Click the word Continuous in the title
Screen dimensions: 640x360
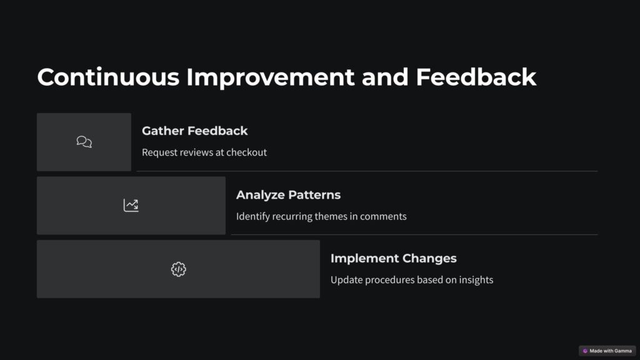click(108, 77)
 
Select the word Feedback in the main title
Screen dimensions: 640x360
click(476, 77)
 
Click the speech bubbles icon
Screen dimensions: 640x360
click(84, 142)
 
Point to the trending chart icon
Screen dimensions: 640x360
click(131, 205)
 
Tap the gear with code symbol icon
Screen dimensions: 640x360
click(178, 269)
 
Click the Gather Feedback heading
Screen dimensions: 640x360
click(195, 131)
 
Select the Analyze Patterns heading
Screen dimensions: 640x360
click(288, 195)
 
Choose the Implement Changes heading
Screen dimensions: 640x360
click(394, 258)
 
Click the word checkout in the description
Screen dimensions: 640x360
click(246, 152)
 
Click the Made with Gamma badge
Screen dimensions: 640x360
click(607, 351)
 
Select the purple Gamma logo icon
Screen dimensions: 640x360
click(585, 351)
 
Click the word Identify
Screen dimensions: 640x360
click(252, 216)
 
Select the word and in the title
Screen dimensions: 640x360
click(385, 77)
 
